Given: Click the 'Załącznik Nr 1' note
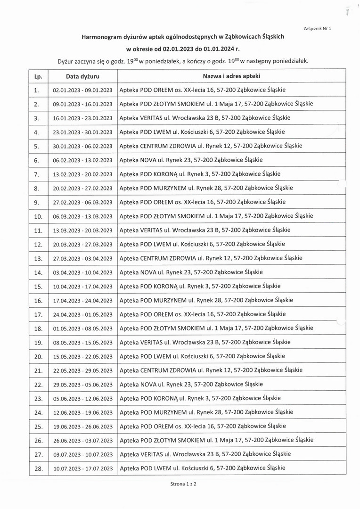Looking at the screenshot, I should [x=319, y=29].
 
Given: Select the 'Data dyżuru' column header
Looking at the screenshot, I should [x=82, y=76].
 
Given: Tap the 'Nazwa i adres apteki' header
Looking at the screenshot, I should [x=231, y=76].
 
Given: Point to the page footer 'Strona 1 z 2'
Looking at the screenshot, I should [x=180, y=484].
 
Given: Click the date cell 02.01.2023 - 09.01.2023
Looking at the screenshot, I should [x=82, y=90].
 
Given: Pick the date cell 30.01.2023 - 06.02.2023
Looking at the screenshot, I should [x=82, y=146].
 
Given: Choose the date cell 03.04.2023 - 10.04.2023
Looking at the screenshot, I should [x=82, y=272].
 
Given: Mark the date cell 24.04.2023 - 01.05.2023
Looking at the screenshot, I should [x=82, y=314].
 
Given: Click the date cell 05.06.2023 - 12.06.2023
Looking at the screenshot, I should [x=82, y=399].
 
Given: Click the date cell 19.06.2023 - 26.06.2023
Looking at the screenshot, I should [x=82, y=427].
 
